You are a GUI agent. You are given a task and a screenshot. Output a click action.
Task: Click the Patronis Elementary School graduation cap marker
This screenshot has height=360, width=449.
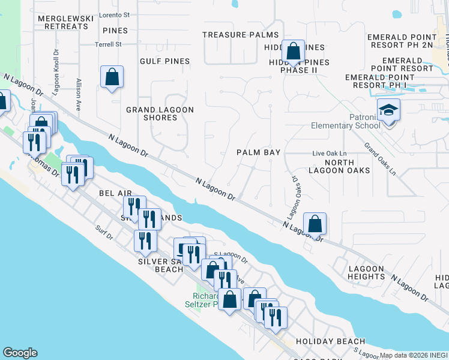click(388, 110)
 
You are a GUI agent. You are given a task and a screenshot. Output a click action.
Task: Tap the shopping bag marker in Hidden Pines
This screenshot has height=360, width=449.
click(293, 52)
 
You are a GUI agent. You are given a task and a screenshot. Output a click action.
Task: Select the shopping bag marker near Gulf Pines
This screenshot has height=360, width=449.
click(112, 77)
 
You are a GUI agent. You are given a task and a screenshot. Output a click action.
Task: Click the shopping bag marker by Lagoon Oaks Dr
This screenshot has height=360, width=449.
click(315, 225)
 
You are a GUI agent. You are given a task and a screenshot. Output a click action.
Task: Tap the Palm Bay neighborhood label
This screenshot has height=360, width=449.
click(259, 152)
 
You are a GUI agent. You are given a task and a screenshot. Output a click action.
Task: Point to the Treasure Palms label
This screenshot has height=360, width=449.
click(232, 35)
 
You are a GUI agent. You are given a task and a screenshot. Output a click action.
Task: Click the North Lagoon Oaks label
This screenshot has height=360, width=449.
click(347, 166)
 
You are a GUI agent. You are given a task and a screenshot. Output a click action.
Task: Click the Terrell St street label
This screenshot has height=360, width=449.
click(109, 44)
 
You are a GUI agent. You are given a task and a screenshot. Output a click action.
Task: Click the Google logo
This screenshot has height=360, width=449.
click(20, 353)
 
